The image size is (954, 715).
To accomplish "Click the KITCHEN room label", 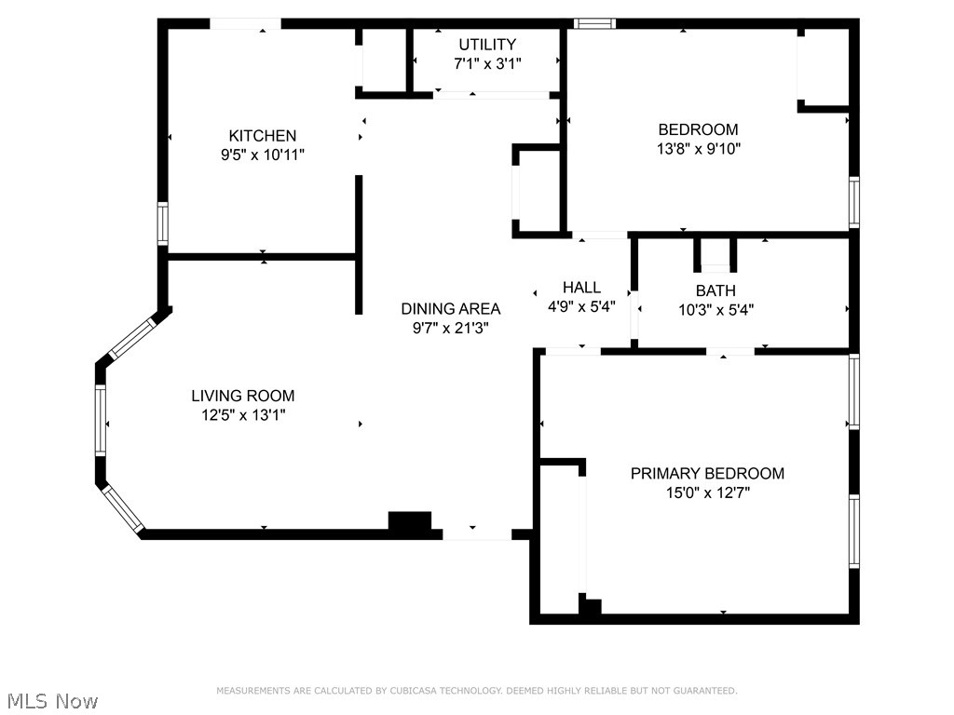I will click(262, 136).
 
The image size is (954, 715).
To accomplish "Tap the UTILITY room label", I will click(486, 45).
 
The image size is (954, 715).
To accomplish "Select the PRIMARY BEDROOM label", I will click(707, 473).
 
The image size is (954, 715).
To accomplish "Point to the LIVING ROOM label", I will click(243, 396).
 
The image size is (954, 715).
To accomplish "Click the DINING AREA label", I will click(450, 309).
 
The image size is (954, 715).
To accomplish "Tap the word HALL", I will click(581, 288).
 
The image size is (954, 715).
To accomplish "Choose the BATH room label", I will click(715, 291).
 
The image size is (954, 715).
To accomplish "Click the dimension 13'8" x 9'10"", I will click(698, 148).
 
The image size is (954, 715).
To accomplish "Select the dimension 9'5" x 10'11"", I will click(262, 155).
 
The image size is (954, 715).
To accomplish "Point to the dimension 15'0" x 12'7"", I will click(707, 492).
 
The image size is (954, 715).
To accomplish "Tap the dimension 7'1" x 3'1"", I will click(486, 63).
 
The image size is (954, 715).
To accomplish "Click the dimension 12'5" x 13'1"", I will click(243, 415).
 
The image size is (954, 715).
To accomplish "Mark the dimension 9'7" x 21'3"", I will click(450, 328).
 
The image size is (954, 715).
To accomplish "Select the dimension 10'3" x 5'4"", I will click(715, 310).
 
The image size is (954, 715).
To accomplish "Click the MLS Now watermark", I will click(52, 700).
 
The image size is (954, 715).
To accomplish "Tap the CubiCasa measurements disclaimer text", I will click(476, 691).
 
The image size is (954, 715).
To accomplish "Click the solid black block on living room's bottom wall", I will click(410, 523).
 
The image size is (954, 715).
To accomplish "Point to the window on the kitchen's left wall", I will click(162, 224).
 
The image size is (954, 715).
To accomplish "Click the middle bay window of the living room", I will click(101, 420).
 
